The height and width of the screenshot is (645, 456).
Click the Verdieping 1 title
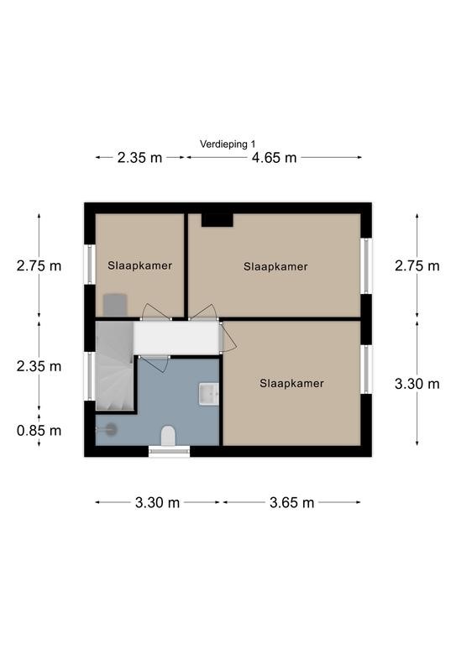tap(228, 144)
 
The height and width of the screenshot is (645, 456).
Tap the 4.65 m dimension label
tap(274, 158)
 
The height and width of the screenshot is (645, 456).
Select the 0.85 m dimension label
tap(39, 431)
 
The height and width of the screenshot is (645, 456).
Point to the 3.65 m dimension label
tap(292, 502)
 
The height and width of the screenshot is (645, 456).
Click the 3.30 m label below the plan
tap(158, 502)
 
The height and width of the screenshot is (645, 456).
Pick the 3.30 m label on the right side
tap(417, 384)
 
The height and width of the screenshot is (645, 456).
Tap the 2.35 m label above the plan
tap(139, 158)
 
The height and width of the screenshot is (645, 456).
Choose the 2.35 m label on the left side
tap(39, 365)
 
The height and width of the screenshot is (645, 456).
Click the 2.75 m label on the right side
tap(417, 265)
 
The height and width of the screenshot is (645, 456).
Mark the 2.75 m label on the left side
tap(39, 265)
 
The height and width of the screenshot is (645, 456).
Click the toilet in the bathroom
tap(168, 436)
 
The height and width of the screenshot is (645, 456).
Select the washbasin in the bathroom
tap(208, 394)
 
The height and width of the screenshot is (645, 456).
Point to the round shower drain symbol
tap(111, 430)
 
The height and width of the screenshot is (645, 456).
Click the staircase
tap(114, 365)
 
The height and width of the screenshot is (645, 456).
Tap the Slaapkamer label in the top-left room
tap(139, 265)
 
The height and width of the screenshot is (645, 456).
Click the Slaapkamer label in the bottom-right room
tap(291, 383)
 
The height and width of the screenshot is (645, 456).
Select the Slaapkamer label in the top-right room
tap(275, 266)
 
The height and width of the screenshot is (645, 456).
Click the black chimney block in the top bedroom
tap(218, 220)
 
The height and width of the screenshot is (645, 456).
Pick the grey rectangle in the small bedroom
tap(115, 305)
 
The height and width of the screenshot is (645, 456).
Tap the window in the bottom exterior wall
tap(169, 451)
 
